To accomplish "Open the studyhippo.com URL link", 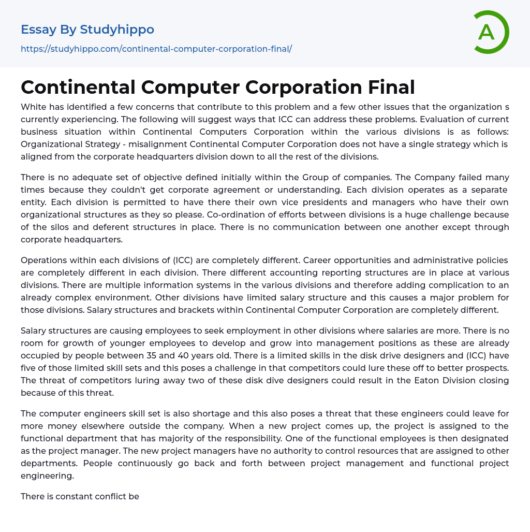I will (156, 49).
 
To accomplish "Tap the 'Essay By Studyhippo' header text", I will (87, 30).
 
